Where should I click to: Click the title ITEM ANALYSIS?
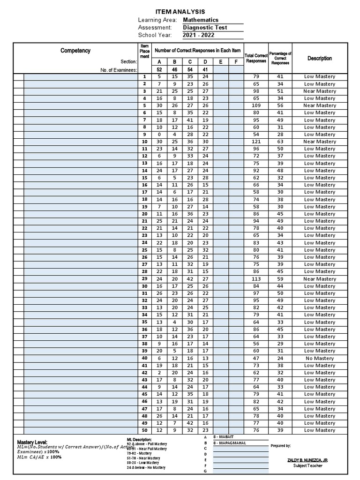click(180, 12)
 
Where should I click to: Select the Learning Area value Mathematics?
click(201, 20)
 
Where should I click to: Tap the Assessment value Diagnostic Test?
click(205, 28)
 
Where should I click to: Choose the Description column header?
click(320, 58)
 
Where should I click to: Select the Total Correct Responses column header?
click(256, 58)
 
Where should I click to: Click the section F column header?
click(236, 62)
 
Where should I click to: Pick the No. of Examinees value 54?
click(190, 69)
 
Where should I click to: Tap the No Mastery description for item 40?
click(320, 358)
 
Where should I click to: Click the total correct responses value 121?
click(256, 142)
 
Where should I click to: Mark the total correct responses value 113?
click(256, 279)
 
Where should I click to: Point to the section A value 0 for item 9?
click(159, 135)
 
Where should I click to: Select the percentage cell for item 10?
click(280, 142)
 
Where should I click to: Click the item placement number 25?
click(144, 250)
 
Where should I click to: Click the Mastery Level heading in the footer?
click(32, 442)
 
